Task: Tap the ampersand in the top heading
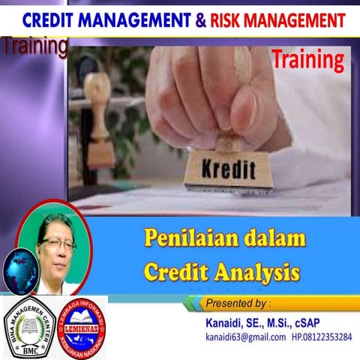click(x=199, y=19)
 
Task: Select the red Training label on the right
click(x=307, y=58)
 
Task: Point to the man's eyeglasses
click(x=58, y=244)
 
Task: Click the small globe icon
click(x=20, y=269)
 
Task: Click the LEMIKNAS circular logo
click(x=80, y=325)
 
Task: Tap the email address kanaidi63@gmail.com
click(x=245, y=337)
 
